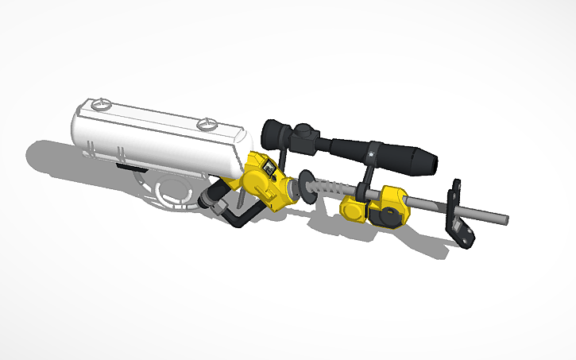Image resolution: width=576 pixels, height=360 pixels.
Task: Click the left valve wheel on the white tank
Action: pos(100,104)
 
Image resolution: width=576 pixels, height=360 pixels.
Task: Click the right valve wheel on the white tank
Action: pos(207,123)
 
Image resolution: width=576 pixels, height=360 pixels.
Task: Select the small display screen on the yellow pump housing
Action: pos(269,168)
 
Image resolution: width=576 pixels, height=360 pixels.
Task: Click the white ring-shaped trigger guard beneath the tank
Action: pos(170,192)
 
